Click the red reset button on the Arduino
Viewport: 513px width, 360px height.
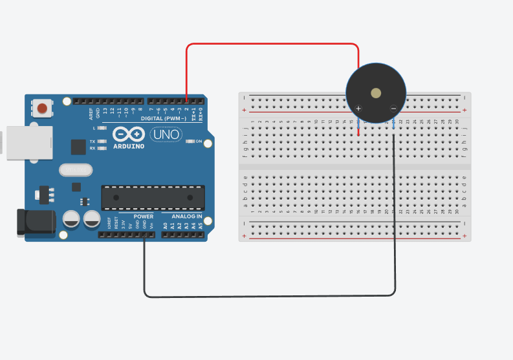coord(43,108)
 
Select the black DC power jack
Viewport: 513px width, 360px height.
coord(38,222)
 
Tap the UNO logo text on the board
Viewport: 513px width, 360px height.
coord(166,134)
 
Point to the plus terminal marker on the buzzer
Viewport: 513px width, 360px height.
coord(359,108)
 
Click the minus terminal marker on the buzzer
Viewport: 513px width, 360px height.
coord(393,108)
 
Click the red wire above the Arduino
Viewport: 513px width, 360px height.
coord(272,44)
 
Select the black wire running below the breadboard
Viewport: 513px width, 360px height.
coord(272,297)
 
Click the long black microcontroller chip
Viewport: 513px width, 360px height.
coord(153,197)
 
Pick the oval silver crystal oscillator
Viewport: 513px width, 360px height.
coord(76,170)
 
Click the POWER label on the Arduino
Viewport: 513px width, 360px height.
coord(144,216)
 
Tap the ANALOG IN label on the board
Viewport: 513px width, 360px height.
coord(187,216)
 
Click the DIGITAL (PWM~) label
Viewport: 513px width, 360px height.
coord(163,119)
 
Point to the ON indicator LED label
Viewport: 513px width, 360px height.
coord(199,141)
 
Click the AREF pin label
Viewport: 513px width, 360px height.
coord(91,114)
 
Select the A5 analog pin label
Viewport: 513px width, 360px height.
coord(201,226)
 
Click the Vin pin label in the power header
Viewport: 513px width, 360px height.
coord(151,226)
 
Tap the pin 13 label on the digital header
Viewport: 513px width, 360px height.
coord(105,112)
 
